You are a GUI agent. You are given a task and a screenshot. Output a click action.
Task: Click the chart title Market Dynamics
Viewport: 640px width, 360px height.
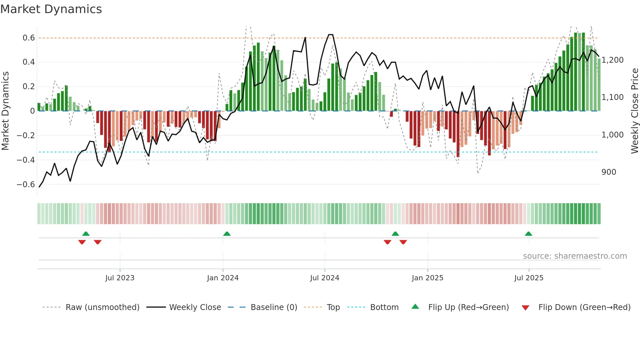click(51, 9)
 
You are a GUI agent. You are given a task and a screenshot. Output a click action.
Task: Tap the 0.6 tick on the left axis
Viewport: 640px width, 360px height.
click(29, 38)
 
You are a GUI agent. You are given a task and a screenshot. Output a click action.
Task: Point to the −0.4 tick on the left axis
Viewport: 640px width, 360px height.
click(26, 160)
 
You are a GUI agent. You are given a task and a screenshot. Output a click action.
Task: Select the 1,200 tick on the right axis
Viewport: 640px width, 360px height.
click(613, 60)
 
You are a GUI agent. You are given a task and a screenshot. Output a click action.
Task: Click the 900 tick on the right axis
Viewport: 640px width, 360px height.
click(609, 172)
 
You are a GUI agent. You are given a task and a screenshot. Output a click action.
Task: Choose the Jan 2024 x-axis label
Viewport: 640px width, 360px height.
click(223, 278)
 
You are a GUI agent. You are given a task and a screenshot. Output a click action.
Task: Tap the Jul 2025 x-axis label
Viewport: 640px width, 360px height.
click(529, 278)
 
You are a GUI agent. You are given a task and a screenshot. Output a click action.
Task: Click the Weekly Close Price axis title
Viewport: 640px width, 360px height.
click(634, 111)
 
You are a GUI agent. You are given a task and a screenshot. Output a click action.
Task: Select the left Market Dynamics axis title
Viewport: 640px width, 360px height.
click(5, 111)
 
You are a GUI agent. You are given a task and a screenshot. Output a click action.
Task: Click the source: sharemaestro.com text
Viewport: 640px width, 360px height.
click(575, 256)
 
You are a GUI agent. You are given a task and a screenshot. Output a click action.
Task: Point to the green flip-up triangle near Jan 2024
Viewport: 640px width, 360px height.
click(227, 234)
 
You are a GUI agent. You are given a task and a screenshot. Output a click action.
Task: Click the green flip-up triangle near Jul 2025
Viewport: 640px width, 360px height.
click(528, 234)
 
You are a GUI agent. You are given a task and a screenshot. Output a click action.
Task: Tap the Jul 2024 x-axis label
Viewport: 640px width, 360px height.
click(325, 278)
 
